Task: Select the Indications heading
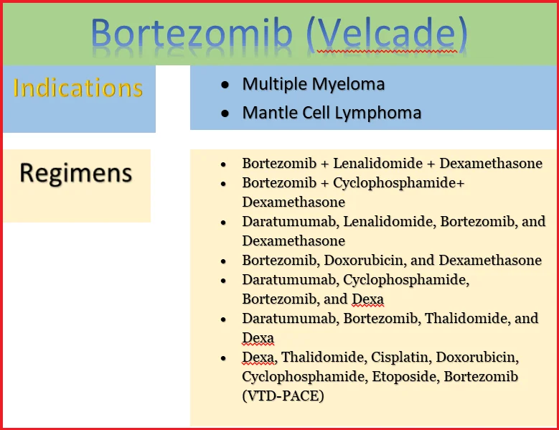tap(78, 88)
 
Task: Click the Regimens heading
tap(76, 173)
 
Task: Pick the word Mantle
tap(265, 113)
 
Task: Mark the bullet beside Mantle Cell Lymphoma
tap(226, 113)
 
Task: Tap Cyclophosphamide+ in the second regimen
tap(398, 182)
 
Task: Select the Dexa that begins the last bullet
tap(258, 357)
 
